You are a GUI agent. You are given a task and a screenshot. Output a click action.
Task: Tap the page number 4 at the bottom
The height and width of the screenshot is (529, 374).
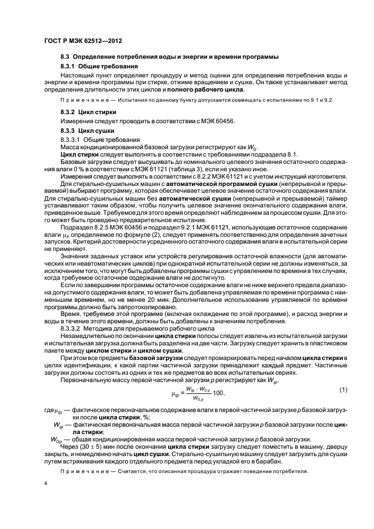(45, 484)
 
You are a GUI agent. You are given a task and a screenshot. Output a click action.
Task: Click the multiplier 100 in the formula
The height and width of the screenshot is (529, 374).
(217, 393)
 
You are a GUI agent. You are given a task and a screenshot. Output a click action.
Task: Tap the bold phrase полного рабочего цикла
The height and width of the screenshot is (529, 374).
(215, 90)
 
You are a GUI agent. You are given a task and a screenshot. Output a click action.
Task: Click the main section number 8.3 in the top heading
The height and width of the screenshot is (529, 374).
(65, 57)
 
